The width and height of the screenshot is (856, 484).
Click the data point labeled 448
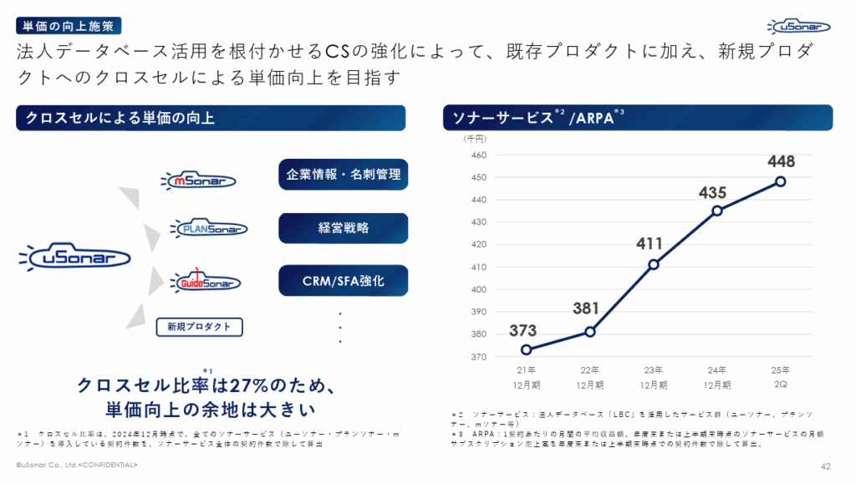click(x=780, y=181)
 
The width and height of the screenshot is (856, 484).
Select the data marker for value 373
click(x=526, y=349)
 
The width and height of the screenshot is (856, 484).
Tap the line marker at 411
click(x=653, y=265)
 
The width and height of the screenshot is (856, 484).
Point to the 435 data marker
click(x=716, y=211)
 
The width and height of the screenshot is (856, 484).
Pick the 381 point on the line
click(x=589, y=332)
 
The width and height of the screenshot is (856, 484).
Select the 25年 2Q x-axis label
click(x=780, y=376)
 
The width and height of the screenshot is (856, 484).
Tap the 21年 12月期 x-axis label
click(x=526, y=376)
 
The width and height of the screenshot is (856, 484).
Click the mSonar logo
click(x=200, y=179)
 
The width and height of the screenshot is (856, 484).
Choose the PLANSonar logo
click(x=207, y=227)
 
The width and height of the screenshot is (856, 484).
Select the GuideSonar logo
click(x=205, y=281)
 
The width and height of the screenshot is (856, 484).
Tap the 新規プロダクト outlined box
click(x=199, y=326)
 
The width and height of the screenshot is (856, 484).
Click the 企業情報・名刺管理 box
click(x=343, y=175)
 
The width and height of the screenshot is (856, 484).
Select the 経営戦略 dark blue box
click(x=343, y=228)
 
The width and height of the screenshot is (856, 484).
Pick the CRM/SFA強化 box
click(x=343, y=281)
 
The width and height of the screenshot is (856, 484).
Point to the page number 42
click(x=825, y=466)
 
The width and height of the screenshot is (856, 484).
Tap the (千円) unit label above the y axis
click(x=476, y=140)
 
